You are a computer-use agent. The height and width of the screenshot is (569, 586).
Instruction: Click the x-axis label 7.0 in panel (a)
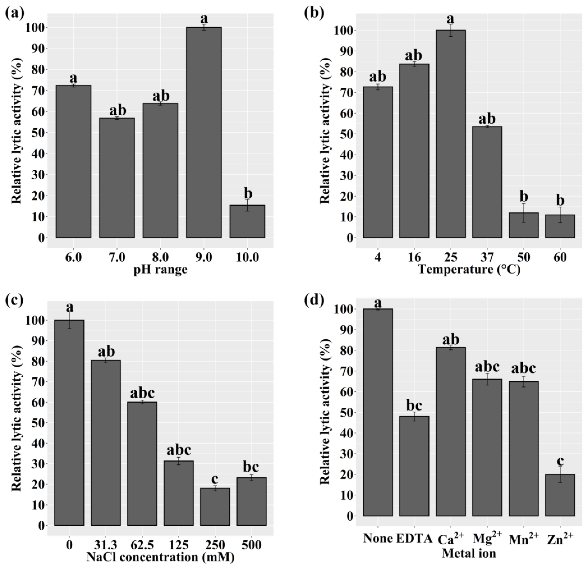[x=117, y=257]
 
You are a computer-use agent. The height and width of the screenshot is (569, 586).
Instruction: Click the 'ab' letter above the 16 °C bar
[x=414, y=56]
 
